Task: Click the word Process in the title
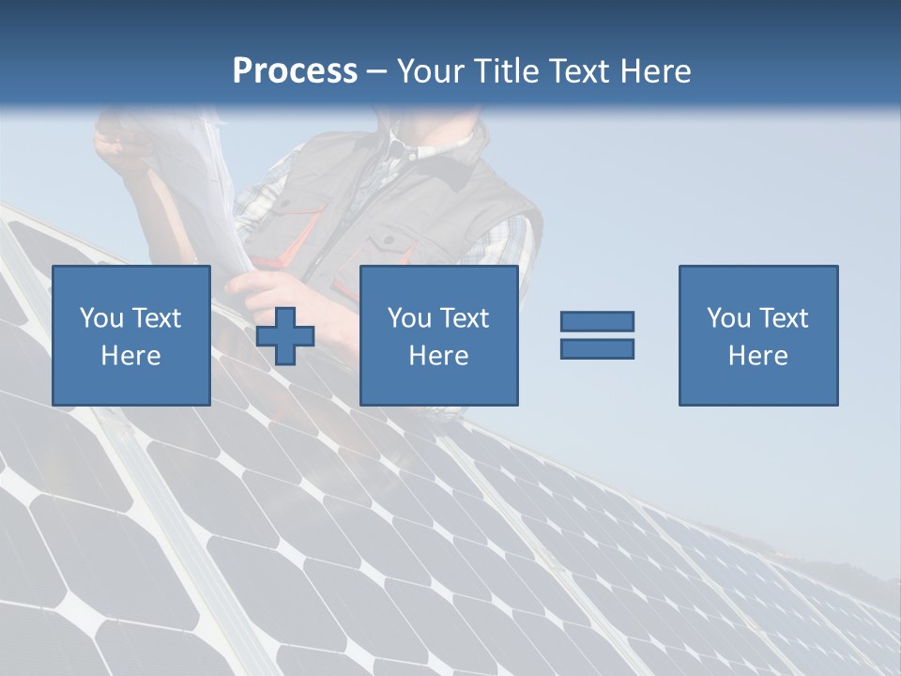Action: (x=295, y=71)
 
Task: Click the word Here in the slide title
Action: (x=654, y=71)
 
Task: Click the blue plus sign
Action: (x=285, y=335)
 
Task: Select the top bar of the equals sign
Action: (x=597, y=321)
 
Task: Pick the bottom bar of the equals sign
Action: (x=597, y=348)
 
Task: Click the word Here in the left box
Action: (x=130, y=356)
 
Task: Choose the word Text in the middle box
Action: (x=465, y=318)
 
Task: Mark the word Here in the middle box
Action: (x=438, y=356)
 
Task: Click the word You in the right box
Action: (x=728, y=318)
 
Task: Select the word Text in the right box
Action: (x=784, y=318)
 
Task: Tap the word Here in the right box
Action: (x=757, y=356)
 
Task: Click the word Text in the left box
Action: (x=156, y=318)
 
